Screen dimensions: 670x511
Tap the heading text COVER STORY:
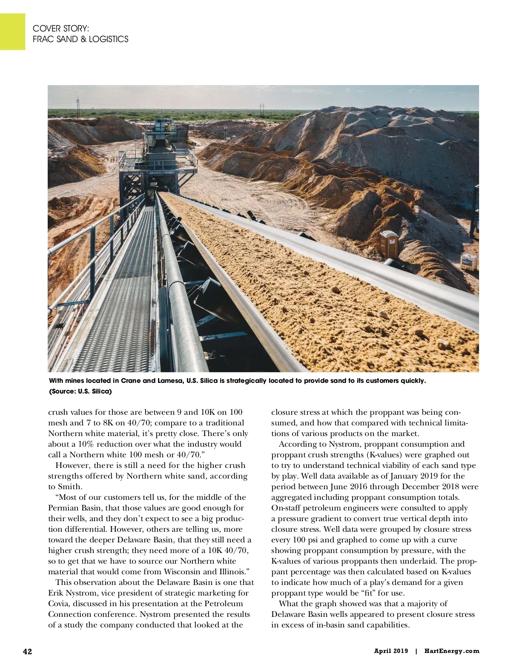[61, 29]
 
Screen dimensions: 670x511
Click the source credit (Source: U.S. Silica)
[80, 391]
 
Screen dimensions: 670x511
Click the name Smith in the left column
[69, 487]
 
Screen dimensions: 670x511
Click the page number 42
[27, 651]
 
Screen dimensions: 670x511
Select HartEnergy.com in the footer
[451, 651]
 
